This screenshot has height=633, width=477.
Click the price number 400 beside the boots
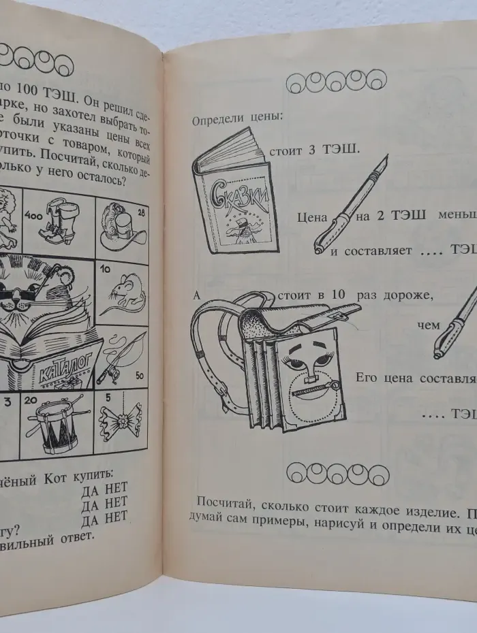pos(32,215)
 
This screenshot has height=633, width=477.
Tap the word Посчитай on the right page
pos(222,502)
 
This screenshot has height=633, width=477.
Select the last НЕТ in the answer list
pos(116,517)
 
